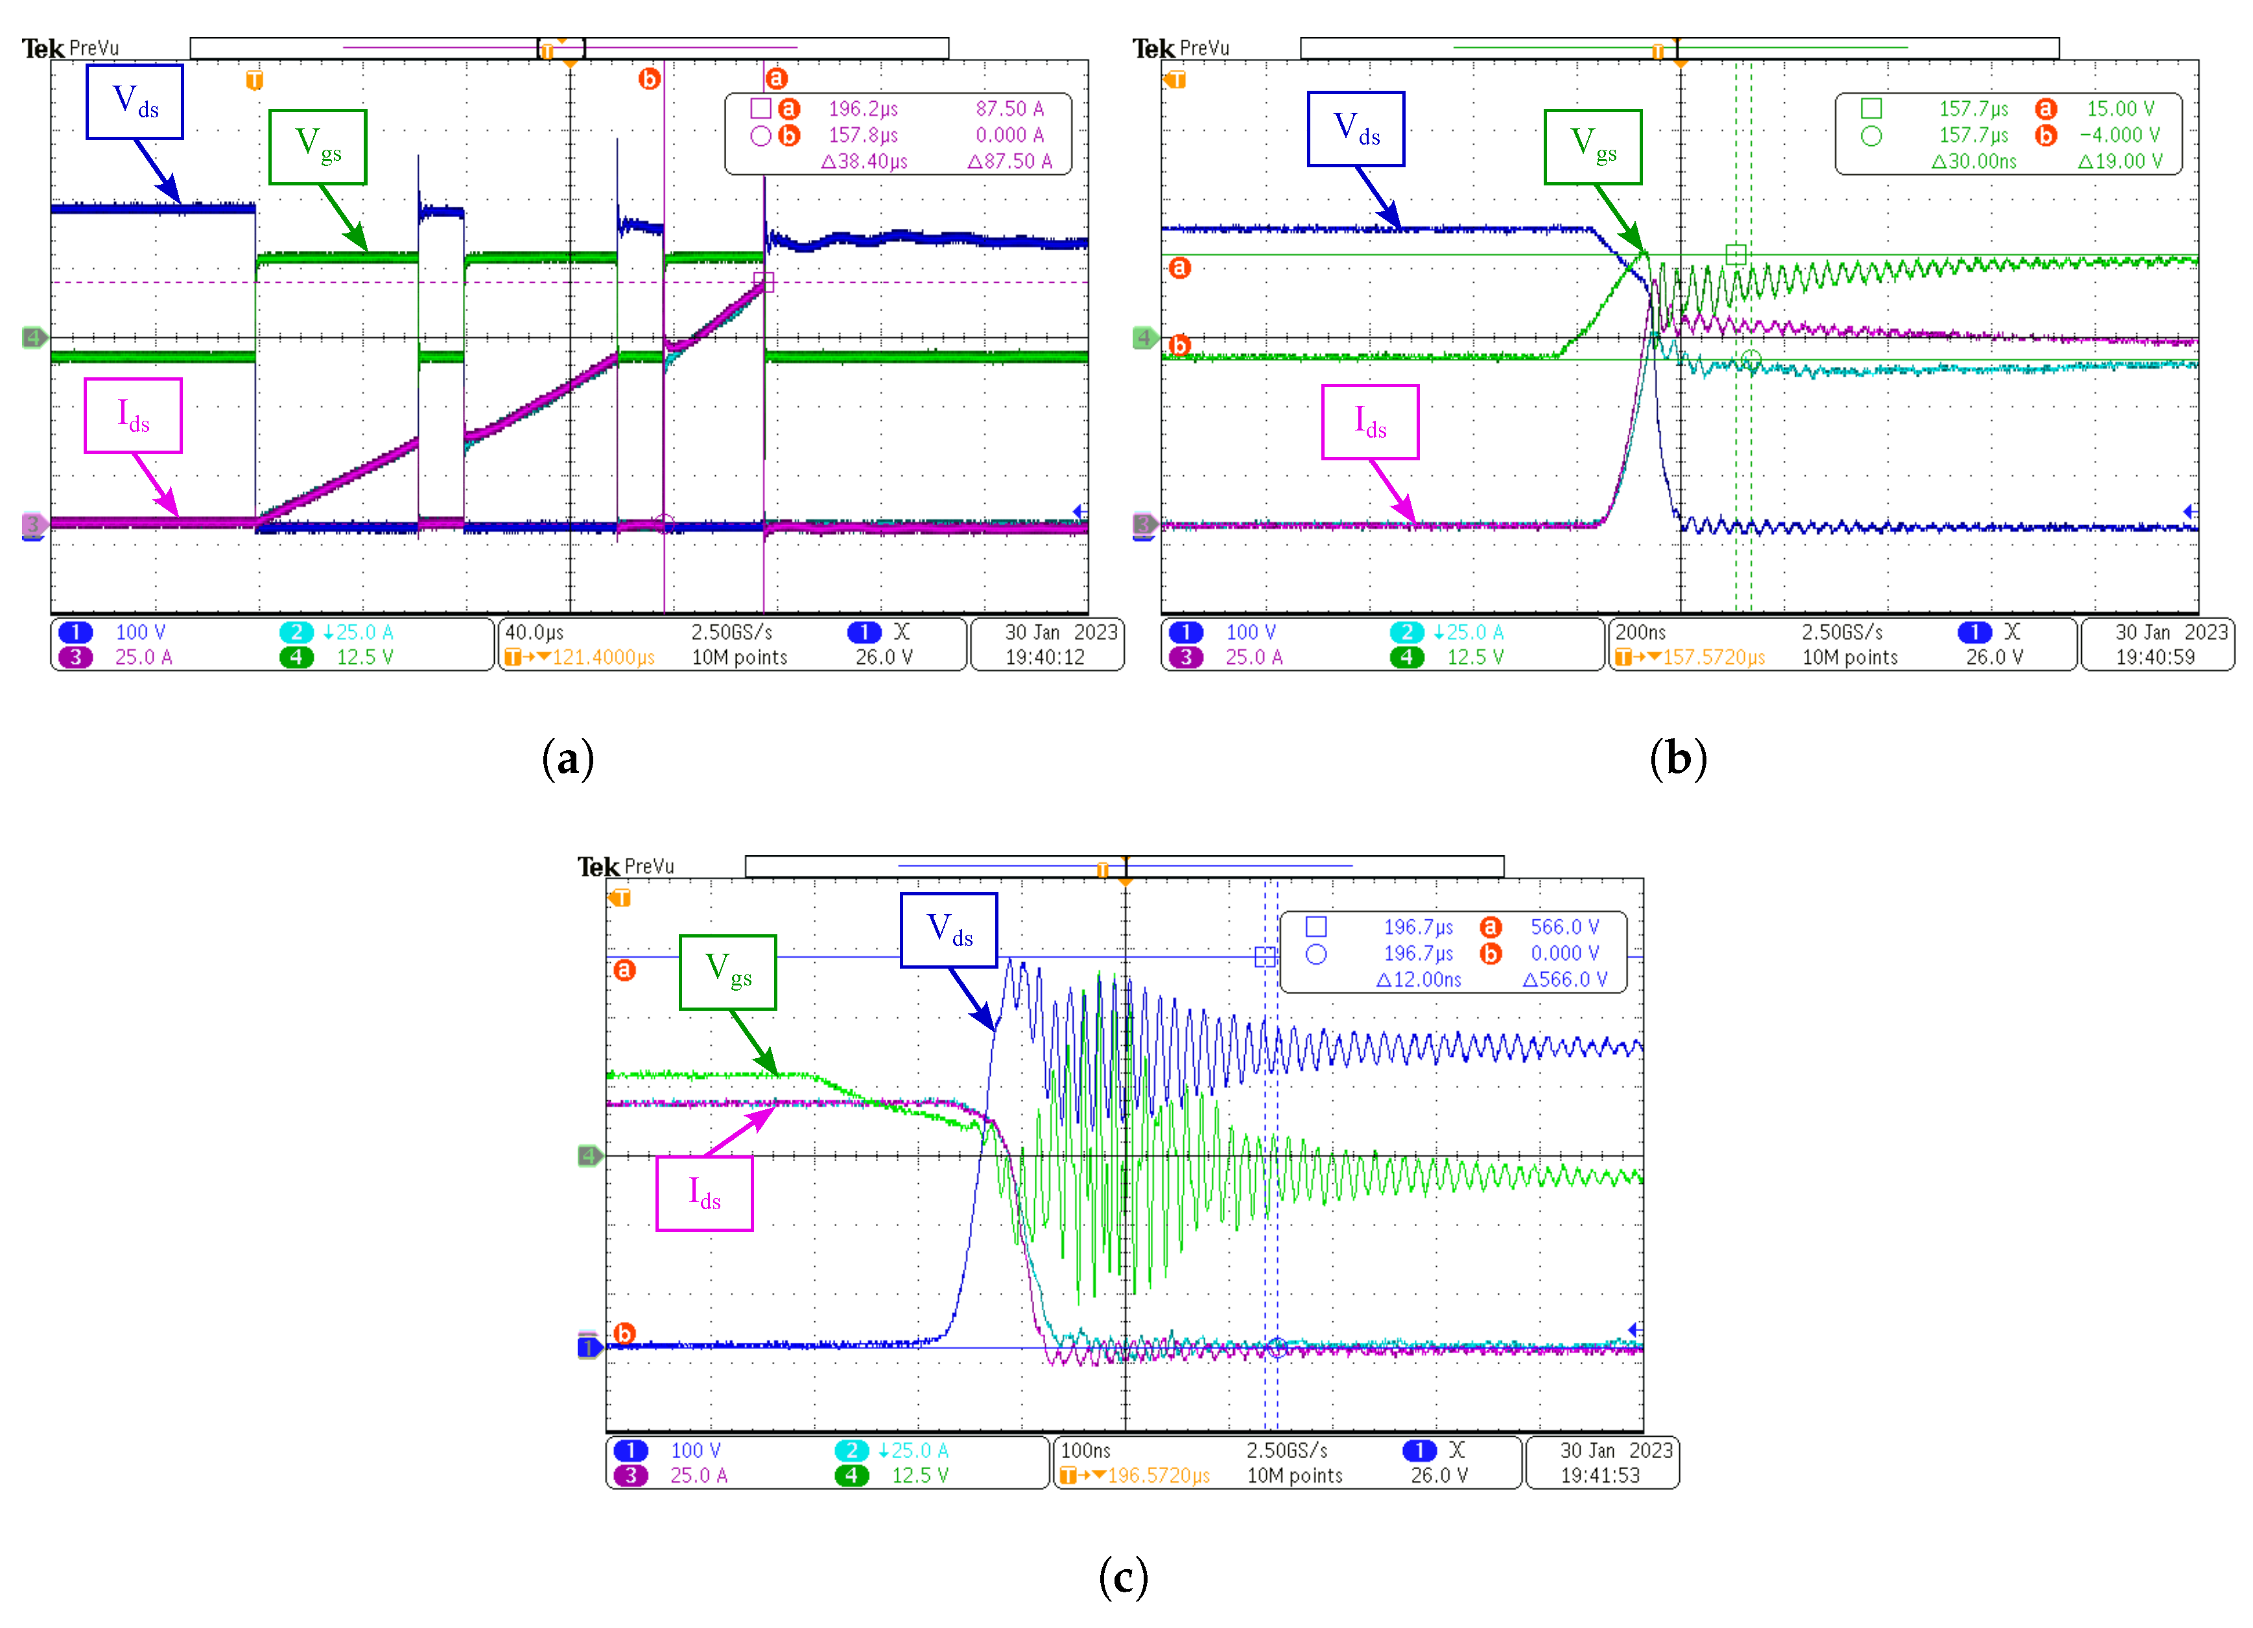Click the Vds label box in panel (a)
(134, 101)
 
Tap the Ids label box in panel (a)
(133, 415)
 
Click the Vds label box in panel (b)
(1356, 129)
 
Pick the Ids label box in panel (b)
(1370, 422)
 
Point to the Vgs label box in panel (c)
(728, 971)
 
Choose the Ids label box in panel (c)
(704, 1193)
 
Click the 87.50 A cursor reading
(1009, 108)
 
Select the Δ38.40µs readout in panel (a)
(864, 161)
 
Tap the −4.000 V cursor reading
(2119, 135)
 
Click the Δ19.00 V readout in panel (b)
(2120, 161)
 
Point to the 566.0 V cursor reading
(1564, 926)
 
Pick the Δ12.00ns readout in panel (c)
(1419, 980)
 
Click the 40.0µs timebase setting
(534, 631)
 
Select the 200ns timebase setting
(1640, 631)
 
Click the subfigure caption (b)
(1678, 759)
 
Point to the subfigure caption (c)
(1124, 1576)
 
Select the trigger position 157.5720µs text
(1714, 657)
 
